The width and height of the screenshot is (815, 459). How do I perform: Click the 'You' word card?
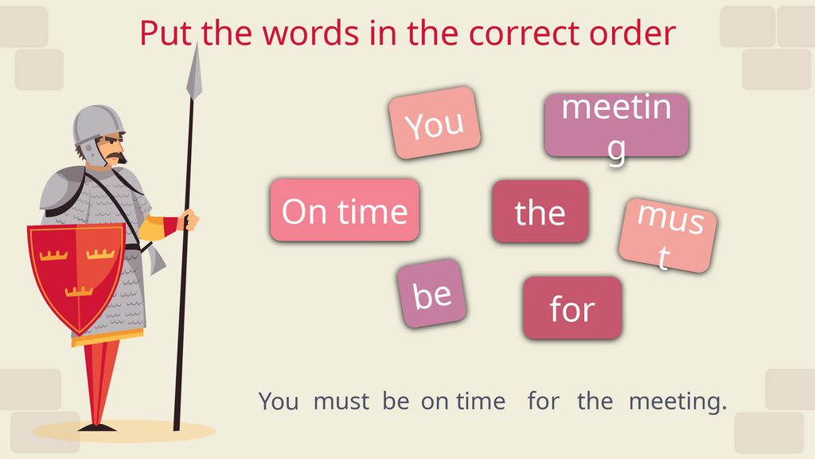point(435,123)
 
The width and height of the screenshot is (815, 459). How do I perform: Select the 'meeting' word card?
point(616,125)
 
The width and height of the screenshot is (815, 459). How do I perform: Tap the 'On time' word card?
point(345,210)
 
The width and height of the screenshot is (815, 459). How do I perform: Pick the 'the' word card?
point(540,212)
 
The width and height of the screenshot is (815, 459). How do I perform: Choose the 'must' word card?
point(668,235)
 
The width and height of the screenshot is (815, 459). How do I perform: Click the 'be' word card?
point(432,294)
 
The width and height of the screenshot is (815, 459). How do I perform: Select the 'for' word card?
point(571,308)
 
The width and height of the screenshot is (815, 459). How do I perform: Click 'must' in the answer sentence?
point(341,402)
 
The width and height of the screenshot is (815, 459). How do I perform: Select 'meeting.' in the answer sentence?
point(677,402)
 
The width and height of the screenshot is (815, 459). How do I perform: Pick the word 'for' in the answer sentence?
point(543,402)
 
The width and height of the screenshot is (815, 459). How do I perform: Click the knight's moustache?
point(116,156)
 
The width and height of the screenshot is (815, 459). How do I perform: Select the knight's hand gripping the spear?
point(189,219)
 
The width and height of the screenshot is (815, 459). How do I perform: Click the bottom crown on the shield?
point(80,291)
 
